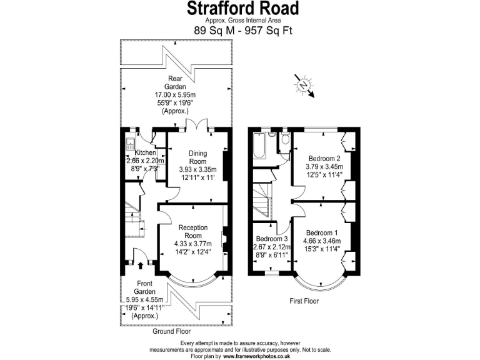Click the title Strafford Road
point(243,9)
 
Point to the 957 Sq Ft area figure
point(267,30)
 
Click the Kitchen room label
point(146,152)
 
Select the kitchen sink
point(129,142)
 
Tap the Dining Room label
point(197,157)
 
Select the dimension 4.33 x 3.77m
point(192,244)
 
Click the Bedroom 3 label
point(272,239)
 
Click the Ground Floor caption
point(172,331)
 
